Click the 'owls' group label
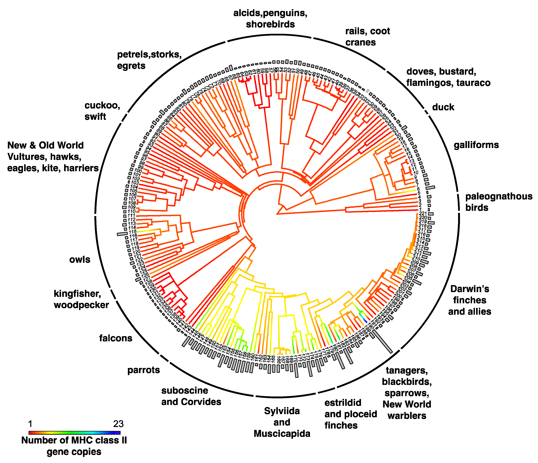80,260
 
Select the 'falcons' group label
116,338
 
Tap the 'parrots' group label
143,370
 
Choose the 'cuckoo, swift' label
102,111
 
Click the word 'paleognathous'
499,197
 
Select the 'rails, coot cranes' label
367,36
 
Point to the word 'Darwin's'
470,289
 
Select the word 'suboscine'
185,390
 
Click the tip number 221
423,213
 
